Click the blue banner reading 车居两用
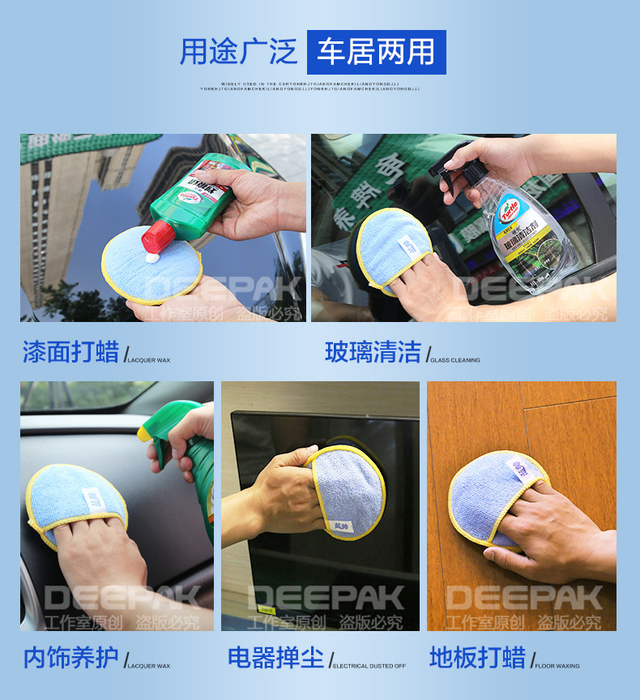point(376,52)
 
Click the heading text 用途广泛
point(238,52)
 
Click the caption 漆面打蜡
point(71,353)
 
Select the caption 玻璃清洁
point(373,353)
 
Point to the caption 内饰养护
point(71,658)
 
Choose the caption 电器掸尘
point(276,658)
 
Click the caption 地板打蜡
point(477,658)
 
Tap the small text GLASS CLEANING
point(455,360)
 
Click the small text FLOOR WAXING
point(557,666)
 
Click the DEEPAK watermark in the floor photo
point(523,599)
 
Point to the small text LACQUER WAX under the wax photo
point(149,360)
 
